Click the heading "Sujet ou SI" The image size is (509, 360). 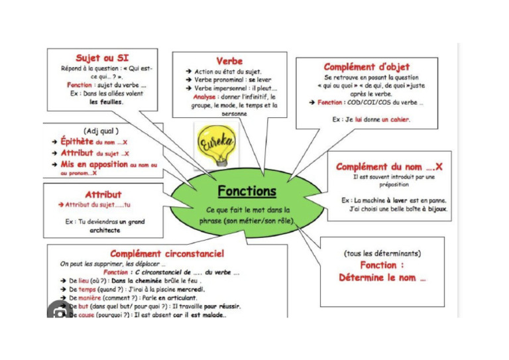[102, 58]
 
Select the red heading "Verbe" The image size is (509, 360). [229, 61]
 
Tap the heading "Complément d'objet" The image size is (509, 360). [367, 67]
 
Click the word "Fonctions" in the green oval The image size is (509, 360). [247, 191]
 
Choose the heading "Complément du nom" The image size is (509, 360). [389, 167]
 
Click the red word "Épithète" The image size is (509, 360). [77, 142]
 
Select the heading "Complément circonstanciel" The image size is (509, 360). [167, 253]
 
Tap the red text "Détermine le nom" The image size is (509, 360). [382, 278]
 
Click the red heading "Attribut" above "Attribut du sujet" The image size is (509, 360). [103, 194]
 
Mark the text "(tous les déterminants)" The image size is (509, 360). [382, 253]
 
